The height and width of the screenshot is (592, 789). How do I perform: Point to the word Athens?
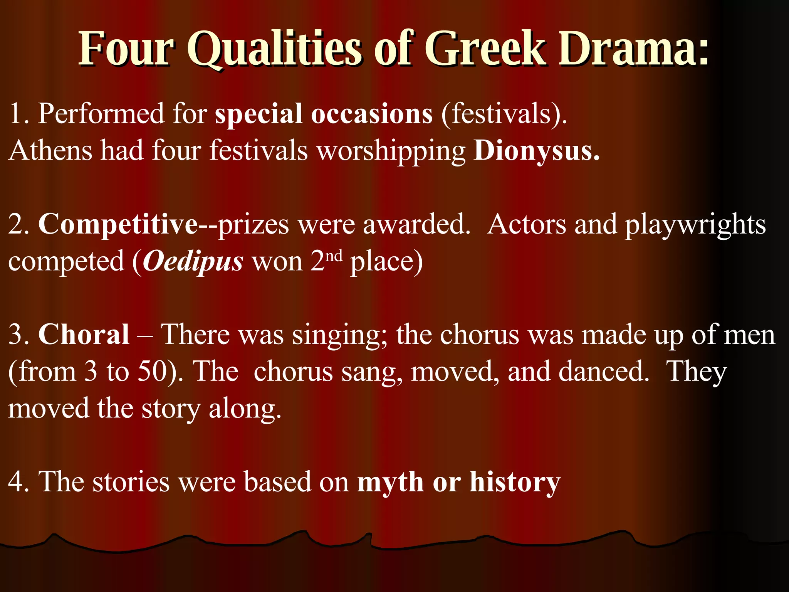(50, 150)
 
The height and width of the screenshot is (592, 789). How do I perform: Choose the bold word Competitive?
(118, 225)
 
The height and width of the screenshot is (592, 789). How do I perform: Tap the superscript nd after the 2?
(334, 256)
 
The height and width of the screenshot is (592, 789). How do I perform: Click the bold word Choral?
(84, 335)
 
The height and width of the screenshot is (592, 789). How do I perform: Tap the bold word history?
(515, 483)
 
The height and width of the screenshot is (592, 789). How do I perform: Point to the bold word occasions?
(372, 114)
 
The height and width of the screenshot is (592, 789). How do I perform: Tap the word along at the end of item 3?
(245, 409)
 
